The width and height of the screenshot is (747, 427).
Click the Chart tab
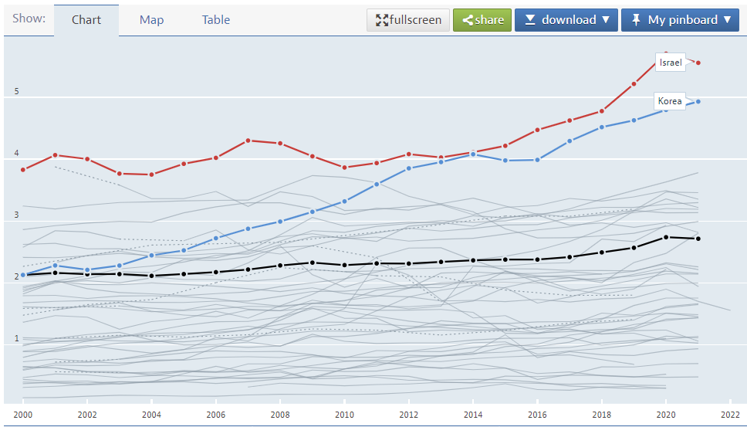point(86,20)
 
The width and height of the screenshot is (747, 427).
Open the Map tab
point(151,20)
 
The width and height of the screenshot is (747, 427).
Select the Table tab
point(216,20)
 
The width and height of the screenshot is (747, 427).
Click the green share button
point(482,20)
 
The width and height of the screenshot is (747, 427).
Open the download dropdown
point(566,20)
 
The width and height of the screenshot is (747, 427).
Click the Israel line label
point(671,63)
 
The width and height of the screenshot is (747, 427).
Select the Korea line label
point(670,101)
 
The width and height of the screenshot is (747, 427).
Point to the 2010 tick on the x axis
point(344,414)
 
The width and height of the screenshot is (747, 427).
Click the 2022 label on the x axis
point(730,414)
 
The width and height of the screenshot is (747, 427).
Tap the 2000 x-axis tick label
point(23,414)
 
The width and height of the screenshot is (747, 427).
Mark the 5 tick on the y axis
point(16,92)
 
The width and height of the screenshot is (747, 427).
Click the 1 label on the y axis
point(16,338)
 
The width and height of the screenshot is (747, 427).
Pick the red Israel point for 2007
point(248,141)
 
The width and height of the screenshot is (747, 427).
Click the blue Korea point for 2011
point(377,184)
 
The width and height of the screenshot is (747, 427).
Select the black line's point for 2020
point(666,237)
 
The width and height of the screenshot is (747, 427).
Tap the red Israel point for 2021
point(698,63)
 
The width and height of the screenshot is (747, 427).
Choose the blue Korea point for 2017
point(570,141)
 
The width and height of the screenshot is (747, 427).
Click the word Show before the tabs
point(29,19)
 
